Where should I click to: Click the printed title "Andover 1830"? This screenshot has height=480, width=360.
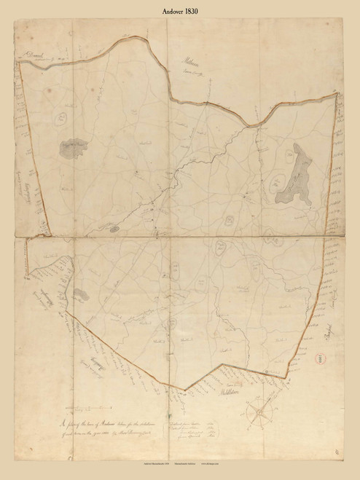click(x=179, y=12)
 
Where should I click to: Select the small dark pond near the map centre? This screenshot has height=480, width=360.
click(x=115, y=229)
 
